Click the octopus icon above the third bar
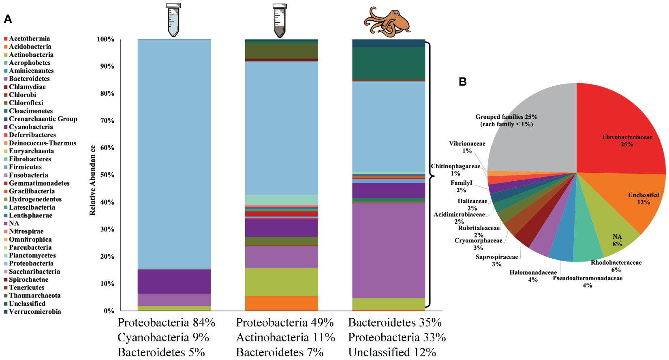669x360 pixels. pos(387,21)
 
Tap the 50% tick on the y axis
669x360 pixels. pos(107,175)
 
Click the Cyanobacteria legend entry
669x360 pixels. pos(31,127)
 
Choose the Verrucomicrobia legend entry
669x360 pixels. pos(35,312)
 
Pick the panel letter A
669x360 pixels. pos(8,19)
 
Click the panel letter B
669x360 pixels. pos(462,82)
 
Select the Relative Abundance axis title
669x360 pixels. pos(93,180)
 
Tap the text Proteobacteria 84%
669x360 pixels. pos(166,323)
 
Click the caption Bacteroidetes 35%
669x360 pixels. pos(395,323)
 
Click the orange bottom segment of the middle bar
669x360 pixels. pos(281,303)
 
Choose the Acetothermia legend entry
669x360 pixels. pos(29,39)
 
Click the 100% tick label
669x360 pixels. pos(105,39)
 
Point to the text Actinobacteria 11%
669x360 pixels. pos(285,337)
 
